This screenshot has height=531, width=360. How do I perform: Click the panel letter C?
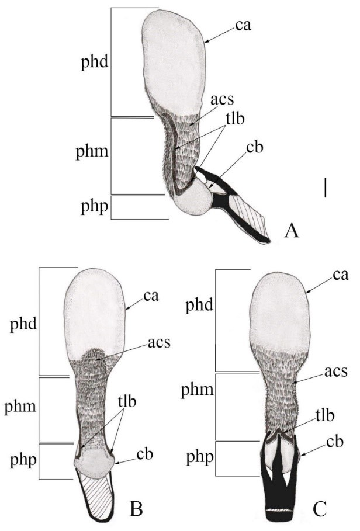(x=319, y=509)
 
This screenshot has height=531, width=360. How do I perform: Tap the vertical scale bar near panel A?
(x=326, y=188)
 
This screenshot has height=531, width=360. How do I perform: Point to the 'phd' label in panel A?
(x=94, y=63)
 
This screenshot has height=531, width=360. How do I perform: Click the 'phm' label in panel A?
(x=92, y=152)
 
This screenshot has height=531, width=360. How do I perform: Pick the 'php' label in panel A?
(x=94, y=206)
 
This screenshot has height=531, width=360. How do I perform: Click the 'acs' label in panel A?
(x=222, y=99)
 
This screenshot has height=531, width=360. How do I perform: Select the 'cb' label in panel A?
(x=255, y=148)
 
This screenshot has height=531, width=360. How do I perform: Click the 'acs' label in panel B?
(x=159, y=343)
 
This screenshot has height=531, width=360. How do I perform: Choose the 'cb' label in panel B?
(x=144, y=454)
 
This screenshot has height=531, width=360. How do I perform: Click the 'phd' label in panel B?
(x=23, y=324)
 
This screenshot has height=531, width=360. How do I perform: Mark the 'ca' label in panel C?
(x=340, y=275)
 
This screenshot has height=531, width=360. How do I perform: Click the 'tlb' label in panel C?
(x=325, y=415)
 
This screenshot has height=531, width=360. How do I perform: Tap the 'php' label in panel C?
(x=200, y=458)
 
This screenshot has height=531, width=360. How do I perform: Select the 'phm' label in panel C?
(x=197, y=391)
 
